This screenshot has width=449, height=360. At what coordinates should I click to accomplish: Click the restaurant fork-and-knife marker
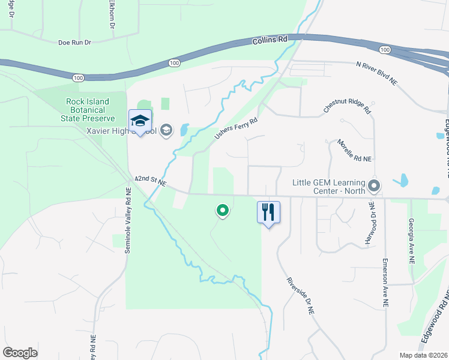268,212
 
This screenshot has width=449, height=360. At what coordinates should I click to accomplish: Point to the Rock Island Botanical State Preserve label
86,110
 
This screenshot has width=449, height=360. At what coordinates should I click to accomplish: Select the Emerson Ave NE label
385,284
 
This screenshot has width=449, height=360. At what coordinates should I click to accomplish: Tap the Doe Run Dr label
74,43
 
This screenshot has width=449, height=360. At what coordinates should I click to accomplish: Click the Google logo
20,353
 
